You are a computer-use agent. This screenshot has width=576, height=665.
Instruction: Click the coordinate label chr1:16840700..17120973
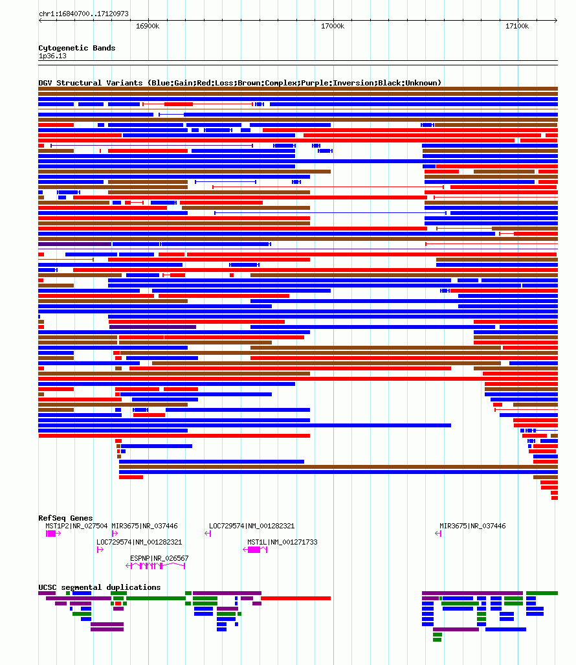tap(83, 14)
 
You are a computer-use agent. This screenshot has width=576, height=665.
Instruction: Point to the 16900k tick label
tap(148, 27)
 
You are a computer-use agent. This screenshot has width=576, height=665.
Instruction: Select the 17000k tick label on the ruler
tap(333, 27)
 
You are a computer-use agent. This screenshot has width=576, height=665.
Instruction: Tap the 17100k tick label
tap(517, 27)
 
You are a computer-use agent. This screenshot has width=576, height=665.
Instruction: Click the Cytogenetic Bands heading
tap(77, 48)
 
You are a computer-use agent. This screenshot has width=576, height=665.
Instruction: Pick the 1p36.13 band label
tap(52, 56)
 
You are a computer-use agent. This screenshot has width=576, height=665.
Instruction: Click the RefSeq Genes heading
tap(65, 518)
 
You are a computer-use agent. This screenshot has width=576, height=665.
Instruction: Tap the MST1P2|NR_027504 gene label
tap(76, 526)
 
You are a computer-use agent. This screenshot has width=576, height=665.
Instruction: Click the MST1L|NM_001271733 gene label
tap(282, 542)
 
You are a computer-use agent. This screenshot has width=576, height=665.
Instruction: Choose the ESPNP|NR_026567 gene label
tap(159, 558)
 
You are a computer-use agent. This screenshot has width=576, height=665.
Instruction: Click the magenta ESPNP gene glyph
tap(155, 566)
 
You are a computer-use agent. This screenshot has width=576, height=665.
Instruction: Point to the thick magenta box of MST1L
tap(254, 550)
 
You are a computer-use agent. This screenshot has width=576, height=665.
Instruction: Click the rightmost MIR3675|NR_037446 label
tap(472, 526)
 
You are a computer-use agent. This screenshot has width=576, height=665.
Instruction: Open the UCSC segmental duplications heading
tap(100, 587)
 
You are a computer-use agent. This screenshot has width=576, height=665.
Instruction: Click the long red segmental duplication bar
tap(295, 598)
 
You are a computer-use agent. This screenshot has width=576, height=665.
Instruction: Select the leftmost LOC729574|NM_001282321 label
tap(139, 542)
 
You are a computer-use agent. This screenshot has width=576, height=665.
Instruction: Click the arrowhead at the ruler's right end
tap(556, 20)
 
